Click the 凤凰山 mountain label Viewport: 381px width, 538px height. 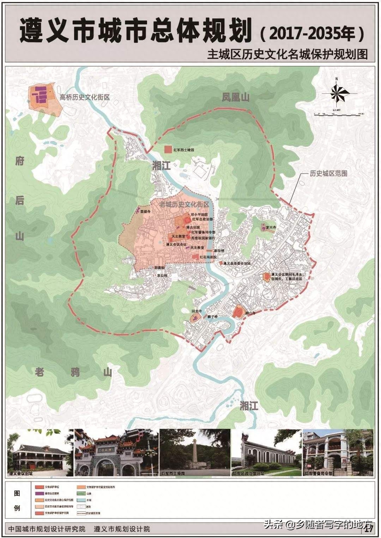click(x=235, y=97)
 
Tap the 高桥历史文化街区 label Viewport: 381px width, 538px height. click(x=85, y=97)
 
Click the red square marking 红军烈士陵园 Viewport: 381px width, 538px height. click(x=168, y=149)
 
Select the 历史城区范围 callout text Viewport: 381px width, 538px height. click(x=328, y=173)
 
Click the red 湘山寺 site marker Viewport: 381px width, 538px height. click(x=238, y=312)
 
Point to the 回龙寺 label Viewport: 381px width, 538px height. click(x=196, y=312)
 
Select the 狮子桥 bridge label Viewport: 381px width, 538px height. click(x=212, y=317)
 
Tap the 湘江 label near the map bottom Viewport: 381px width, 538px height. click(x=249, y=406)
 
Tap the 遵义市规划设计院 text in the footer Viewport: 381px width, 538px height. click(x=122, y=529)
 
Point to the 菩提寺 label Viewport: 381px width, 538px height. click(x=145, y=212)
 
